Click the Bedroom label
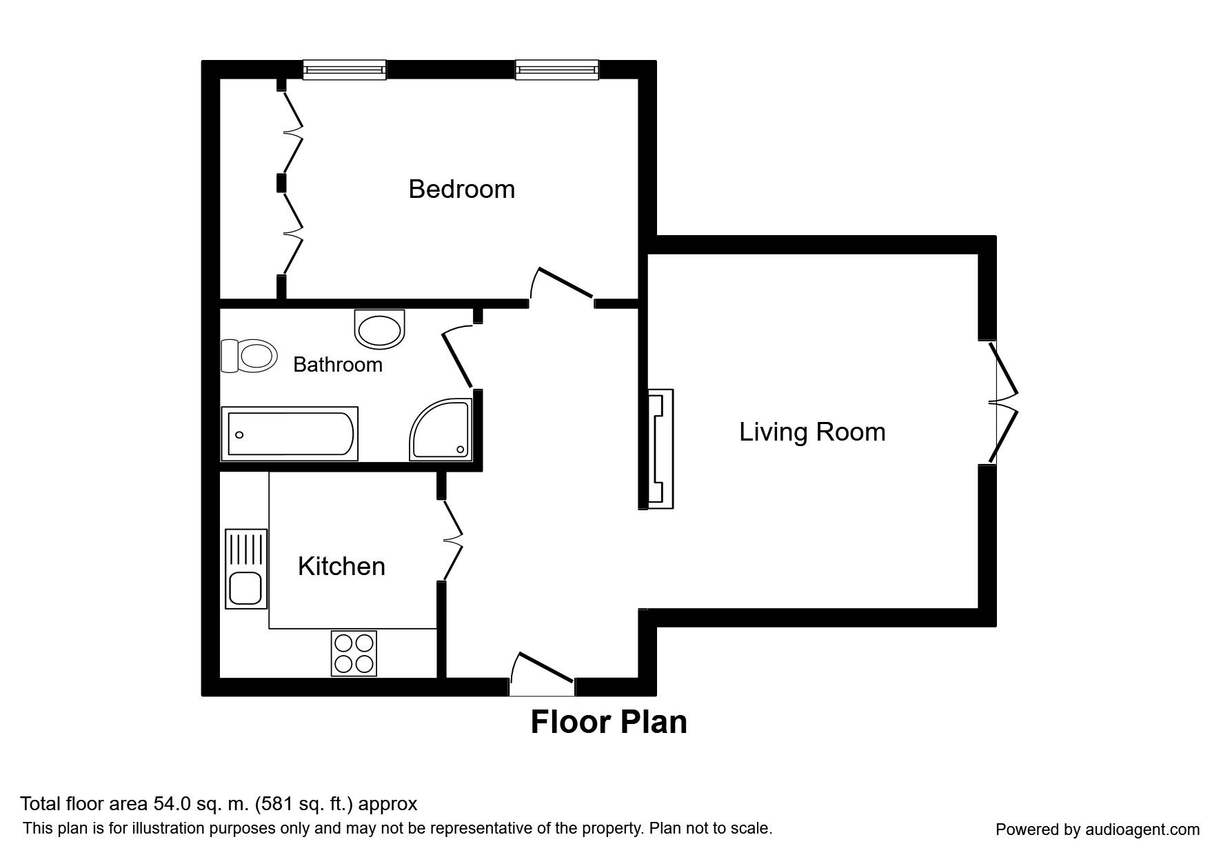click(x=461, y=189)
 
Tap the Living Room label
click(x=812, y=432)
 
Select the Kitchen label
click(x=341, y=566)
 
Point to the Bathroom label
click(x=338, y=364)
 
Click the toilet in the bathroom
click(x=249, y=356)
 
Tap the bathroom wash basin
click(x=380, y=329)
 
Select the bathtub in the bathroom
click(x=290, y=434)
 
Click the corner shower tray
click(x=441, y=429)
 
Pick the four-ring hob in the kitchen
click(x=354, y=653)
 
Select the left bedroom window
click(x=345, y=70)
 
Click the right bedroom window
click(x=556, y=70)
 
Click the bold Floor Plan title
click(x=609, y=722)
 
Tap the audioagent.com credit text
click(x=1098, y=829)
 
